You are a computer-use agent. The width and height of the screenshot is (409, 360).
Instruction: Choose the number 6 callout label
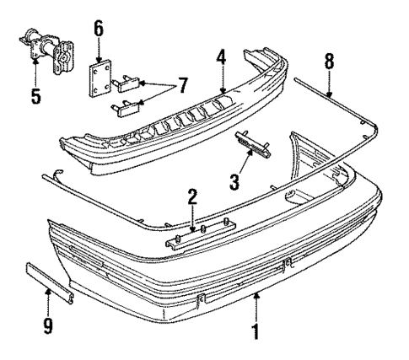[x=99, y=30]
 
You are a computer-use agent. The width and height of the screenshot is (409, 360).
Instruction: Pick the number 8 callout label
[x=329, y=61]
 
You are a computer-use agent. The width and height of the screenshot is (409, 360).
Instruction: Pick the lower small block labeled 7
[x=124, y=105]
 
